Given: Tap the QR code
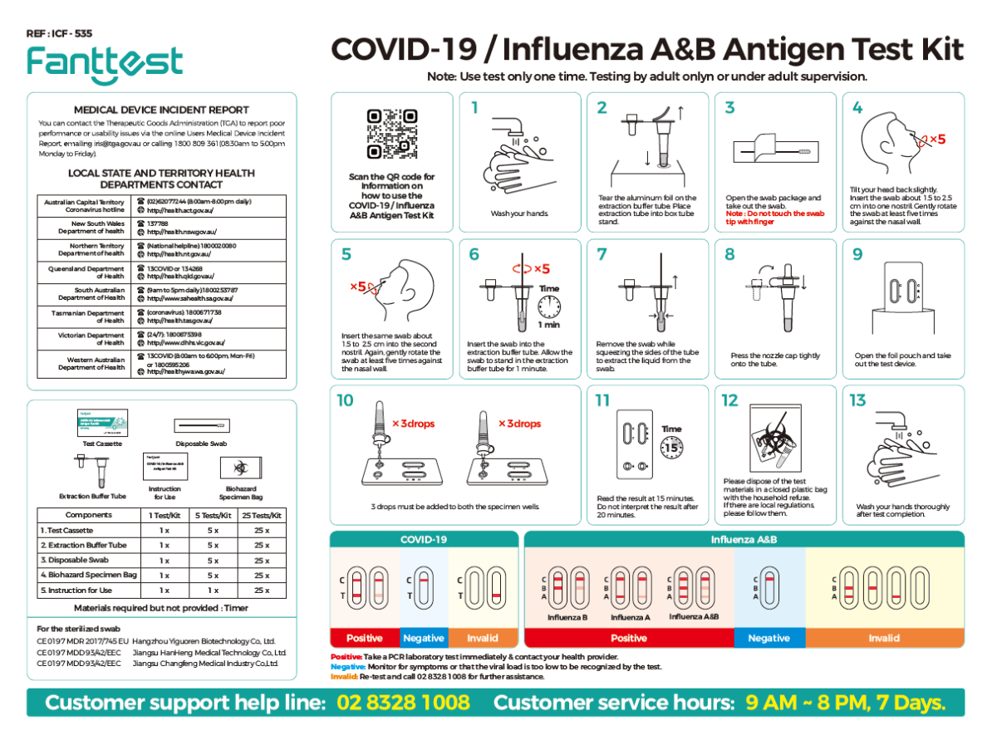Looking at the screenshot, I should coord(392,134).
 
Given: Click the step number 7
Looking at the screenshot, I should coord(602,254).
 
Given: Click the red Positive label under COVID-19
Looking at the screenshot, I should coord(364,638).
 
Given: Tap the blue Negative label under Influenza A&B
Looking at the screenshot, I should coord(769,638).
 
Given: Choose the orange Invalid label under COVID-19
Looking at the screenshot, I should coord(482,638).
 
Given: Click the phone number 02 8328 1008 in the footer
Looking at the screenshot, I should coord(404,703).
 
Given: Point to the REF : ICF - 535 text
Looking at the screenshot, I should coord(59,34).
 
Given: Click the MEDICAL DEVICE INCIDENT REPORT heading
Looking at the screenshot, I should coord(161,110).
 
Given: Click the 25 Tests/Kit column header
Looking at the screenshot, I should coord(262,514).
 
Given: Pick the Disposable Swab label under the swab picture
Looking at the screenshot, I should coord(201,444).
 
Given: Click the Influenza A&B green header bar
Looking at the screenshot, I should coord(744,540).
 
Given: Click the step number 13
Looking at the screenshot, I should coord(858,400).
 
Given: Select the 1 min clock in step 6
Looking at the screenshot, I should coord(549,307).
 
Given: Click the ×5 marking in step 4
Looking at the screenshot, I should coord(936,139).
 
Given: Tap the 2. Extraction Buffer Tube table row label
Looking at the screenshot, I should coord(84,545).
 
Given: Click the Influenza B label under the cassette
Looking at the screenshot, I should coord(567,617).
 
